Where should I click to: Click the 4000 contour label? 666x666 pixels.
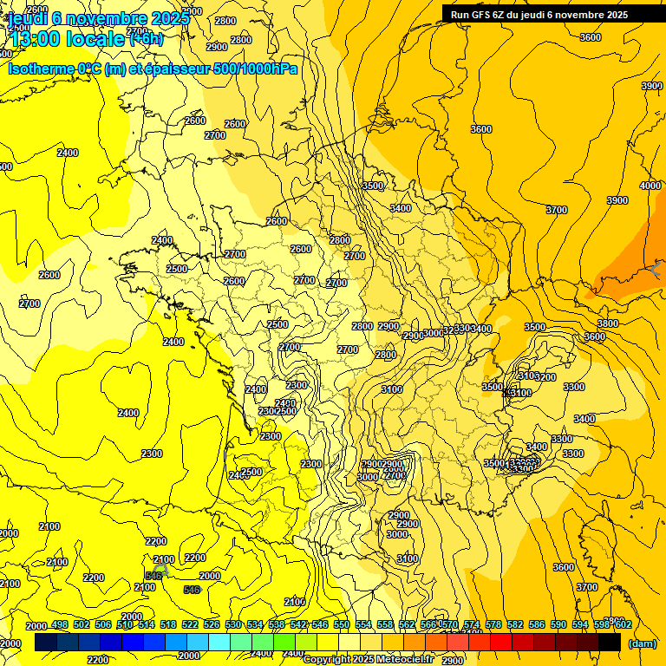click(650, 186)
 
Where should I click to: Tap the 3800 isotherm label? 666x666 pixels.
click(608, 323)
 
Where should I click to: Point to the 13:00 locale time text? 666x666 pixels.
click(67, 39)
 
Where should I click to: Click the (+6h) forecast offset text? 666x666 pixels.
click(146, 39)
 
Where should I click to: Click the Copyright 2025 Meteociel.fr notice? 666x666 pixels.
click(368, 660)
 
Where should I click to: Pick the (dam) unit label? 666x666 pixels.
click(641, 643)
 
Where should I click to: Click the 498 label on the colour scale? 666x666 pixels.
click(60, 624)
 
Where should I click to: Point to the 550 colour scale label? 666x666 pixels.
click(342, 624)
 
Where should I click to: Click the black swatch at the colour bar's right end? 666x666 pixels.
click(610, 643)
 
